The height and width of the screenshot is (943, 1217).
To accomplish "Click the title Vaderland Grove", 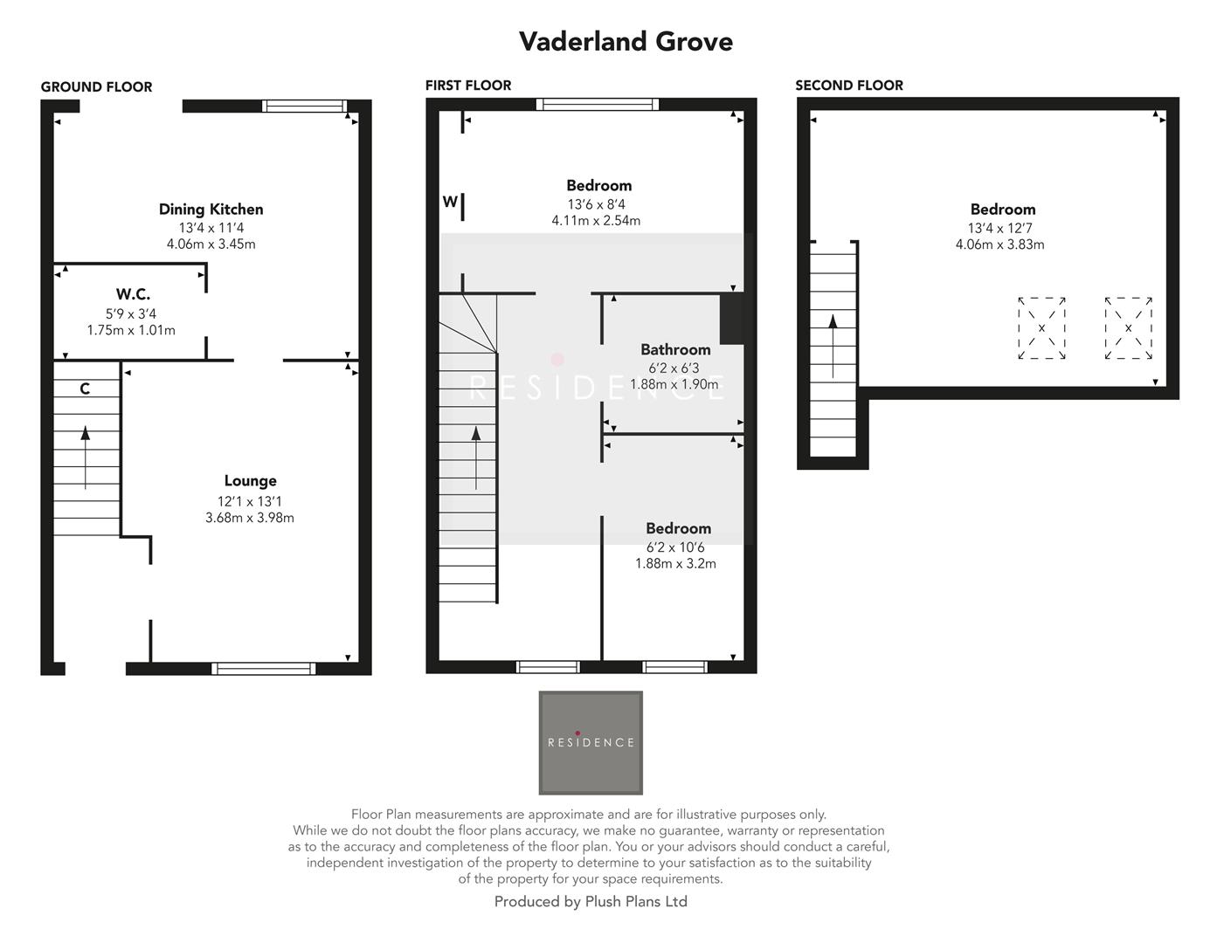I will point(626,41).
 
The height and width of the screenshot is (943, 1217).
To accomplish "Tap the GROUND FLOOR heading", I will point(96,86).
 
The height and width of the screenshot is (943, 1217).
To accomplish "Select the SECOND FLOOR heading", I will point(848,85).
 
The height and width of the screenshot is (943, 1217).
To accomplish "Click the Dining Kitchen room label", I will point(211,209).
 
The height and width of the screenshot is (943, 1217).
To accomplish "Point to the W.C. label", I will point(133,294).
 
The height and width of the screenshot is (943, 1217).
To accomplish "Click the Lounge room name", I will point(250,480).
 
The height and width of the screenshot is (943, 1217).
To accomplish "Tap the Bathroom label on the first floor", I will point(675,349).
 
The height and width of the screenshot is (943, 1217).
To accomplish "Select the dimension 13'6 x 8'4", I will point(596,204).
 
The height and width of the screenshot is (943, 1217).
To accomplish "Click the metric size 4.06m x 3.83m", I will point(999,244).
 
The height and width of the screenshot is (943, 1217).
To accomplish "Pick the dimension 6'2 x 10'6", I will point(675,547).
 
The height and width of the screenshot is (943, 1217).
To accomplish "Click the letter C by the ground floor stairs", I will point(85,389).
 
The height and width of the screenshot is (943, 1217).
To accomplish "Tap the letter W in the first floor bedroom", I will point(449,202).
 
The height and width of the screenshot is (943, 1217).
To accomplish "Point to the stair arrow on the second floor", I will point(833,346).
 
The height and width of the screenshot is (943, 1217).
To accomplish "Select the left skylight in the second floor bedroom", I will point(1041,328).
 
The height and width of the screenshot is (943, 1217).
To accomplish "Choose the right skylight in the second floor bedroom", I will point(1128,328).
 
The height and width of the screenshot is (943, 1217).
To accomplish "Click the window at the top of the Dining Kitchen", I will point(305,107).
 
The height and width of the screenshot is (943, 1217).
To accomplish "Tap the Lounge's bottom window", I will point(263,669).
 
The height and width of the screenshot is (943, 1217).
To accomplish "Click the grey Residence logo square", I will point(591,742).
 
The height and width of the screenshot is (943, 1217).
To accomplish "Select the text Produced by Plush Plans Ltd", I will point(591,902).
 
